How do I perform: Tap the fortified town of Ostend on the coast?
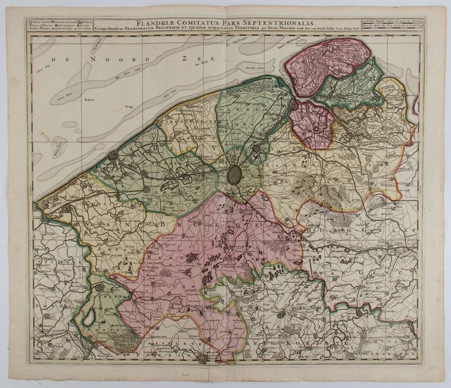pos(112,155)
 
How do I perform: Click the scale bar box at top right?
pos(400,24)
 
